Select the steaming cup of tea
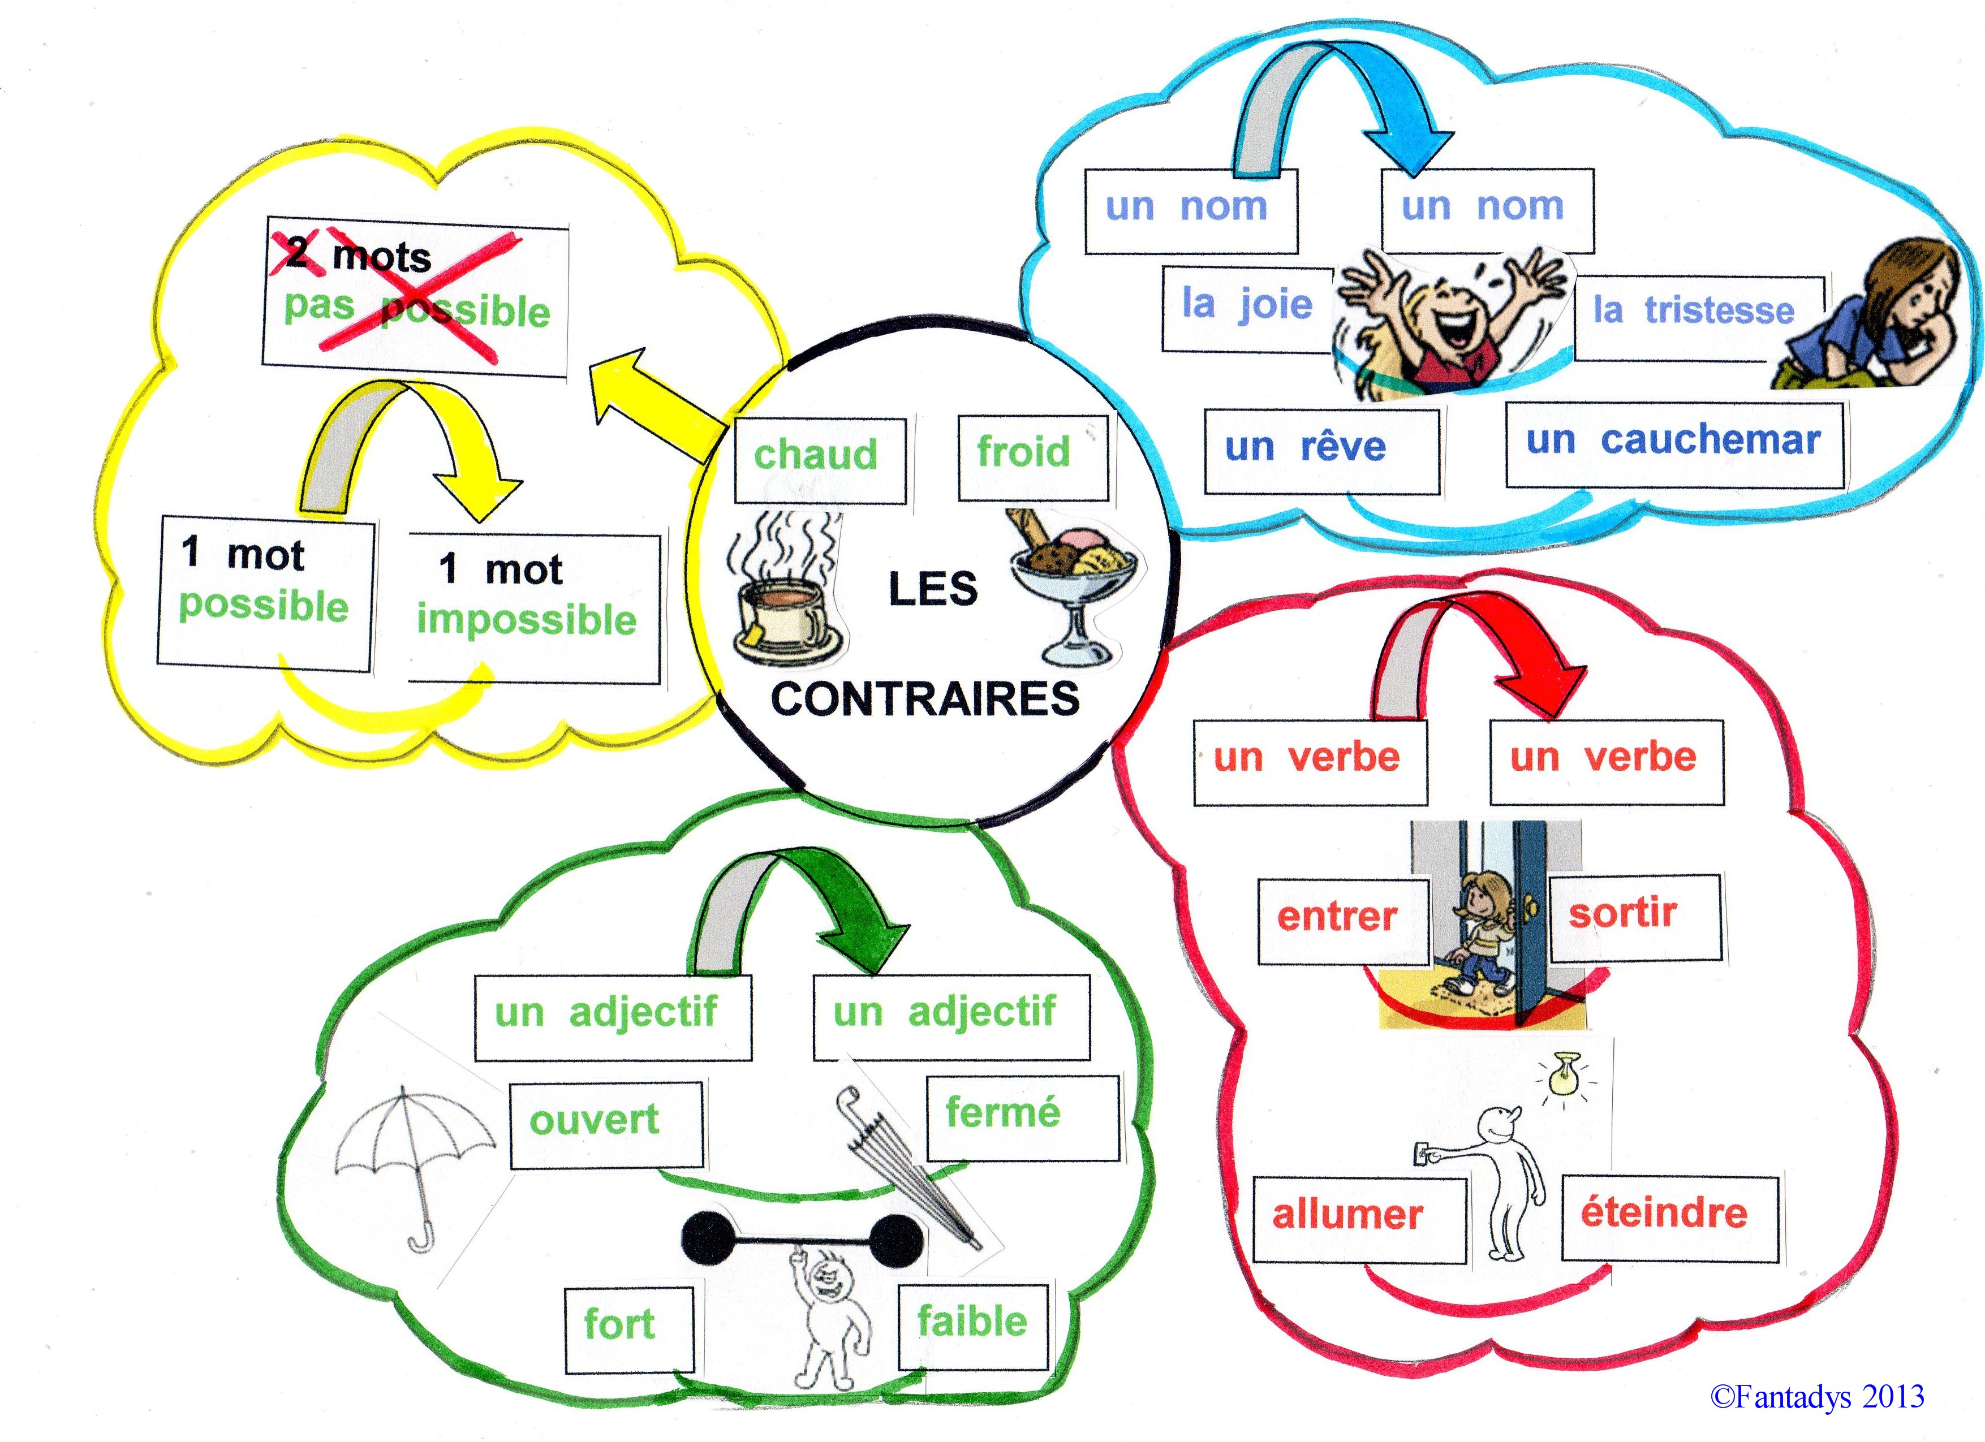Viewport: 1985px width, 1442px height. pos(783,604)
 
